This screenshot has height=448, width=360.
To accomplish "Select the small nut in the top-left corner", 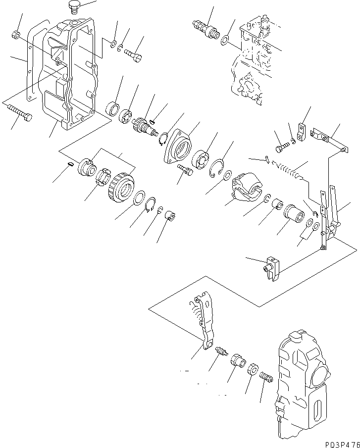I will (x=15, y=35).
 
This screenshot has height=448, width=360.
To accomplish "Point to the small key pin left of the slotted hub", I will (x=71, y=165).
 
